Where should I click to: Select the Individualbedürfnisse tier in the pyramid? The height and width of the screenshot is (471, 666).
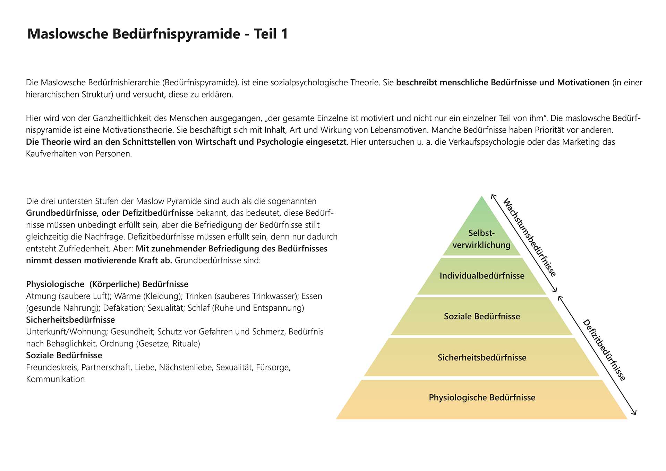[x=482, y=276]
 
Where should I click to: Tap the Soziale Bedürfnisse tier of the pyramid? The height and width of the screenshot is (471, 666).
[x=482, y=316]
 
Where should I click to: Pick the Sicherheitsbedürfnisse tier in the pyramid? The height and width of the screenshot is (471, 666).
[x=482, y=358]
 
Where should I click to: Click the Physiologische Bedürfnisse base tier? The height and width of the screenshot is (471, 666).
[x=482, y=397]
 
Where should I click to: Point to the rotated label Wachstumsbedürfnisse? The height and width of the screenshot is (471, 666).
[x=529, y=237]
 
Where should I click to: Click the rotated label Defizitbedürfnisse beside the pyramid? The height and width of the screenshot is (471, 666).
[x=604, y=350]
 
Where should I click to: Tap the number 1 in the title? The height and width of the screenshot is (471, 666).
[x=284, y=34]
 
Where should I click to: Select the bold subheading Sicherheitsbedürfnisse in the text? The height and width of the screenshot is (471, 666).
[x=70, y=320]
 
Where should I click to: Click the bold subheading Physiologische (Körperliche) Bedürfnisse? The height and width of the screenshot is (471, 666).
[x=107, y=284]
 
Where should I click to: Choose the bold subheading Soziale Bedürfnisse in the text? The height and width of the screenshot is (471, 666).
[x=64, y=355]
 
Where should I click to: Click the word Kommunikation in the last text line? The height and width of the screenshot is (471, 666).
[x=55, y=379]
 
